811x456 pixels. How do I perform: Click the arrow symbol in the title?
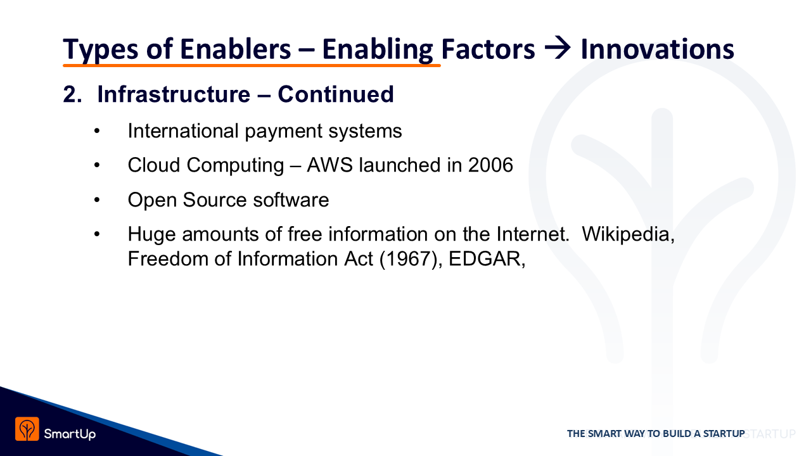pyautogui.click(x=558, y=49)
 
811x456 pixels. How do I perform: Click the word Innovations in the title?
pyautogui.click(x=657, y=49)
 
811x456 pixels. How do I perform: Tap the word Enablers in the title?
pyautogui.click(x=235, y=49)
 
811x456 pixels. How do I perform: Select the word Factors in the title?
pyautogui.click(x=488, y=49)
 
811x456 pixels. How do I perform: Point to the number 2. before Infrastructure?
pyautogui.click(x=72, y=94)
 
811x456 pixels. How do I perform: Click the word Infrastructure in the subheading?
pyautogui.click(x=174, y=94)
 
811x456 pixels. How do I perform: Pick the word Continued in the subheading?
pyautogui.click(x=336, y=94)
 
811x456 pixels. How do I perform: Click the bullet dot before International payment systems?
pyautogui.click(x=97, y=131)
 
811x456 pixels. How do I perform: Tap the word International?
pyautogui.click(x=183, y=130)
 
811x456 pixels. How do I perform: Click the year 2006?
pyautogui.click(x=490, y=165)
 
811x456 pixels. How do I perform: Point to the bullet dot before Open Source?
pyautogui.click(x=97, y=200)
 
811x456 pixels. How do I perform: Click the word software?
pyautogui.click(x=291, y=199)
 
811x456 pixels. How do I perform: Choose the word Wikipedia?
pyautogui.click(x=628, y=234)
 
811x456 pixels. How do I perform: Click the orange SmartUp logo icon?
pyautogui.click(x=27, y=429)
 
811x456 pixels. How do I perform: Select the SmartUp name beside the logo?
pyautogui.click(x=70, y=434)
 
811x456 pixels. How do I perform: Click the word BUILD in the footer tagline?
pyautogui.click(x=677, y=434)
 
